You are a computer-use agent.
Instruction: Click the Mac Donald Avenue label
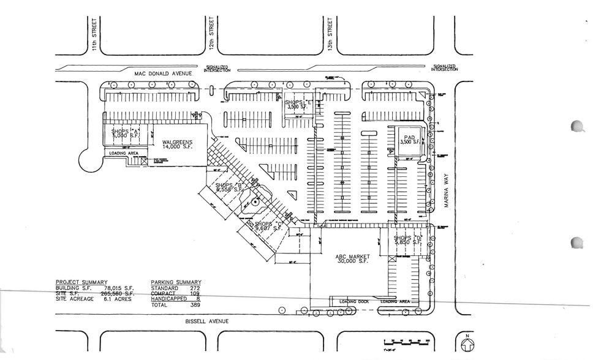pyautogui.click(x=164, y=73)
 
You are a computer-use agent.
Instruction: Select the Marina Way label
pyautogui.click(x=447, y=192)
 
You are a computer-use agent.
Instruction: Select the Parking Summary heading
pyautogui.click(x=176, y=282)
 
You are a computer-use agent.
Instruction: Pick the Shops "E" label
pyautogui.click(x=298, y=103)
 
